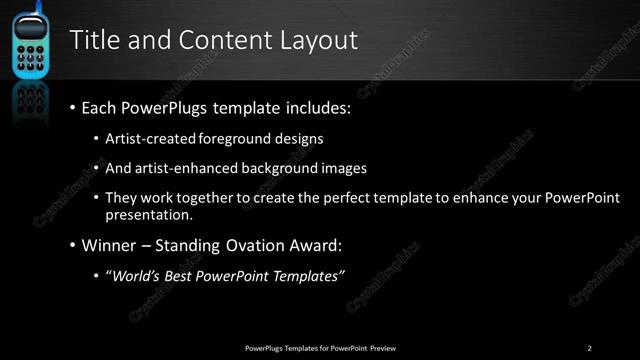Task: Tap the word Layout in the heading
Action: tap(322, 40)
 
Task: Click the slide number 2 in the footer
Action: tap(590, 348)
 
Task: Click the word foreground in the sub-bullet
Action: tap(238, 138)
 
